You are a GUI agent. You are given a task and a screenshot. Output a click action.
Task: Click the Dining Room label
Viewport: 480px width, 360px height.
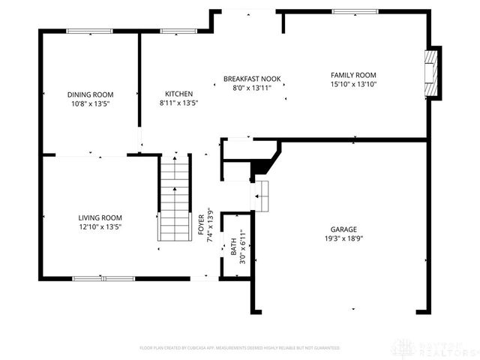point(89,94)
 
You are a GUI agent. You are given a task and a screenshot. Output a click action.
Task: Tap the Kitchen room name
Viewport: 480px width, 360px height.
point(178,94)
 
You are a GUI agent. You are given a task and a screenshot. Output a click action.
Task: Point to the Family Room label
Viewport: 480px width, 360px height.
point(353,75)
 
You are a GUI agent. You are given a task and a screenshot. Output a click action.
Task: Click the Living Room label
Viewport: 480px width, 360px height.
point(100,217)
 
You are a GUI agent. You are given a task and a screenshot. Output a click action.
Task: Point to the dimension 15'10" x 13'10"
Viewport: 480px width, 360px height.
point(353,84)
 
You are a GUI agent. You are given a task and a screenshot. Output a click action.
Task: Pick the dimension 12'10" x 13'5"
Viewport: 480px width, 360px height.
point(100,226)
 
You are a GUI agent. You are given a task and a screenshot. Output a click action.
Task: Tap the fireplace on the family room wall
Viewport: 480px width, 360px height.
point(430,73)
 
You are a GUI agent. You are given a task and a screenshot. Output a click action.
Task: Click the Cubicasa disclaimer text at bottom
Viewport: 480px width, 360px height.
point(240,348)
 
